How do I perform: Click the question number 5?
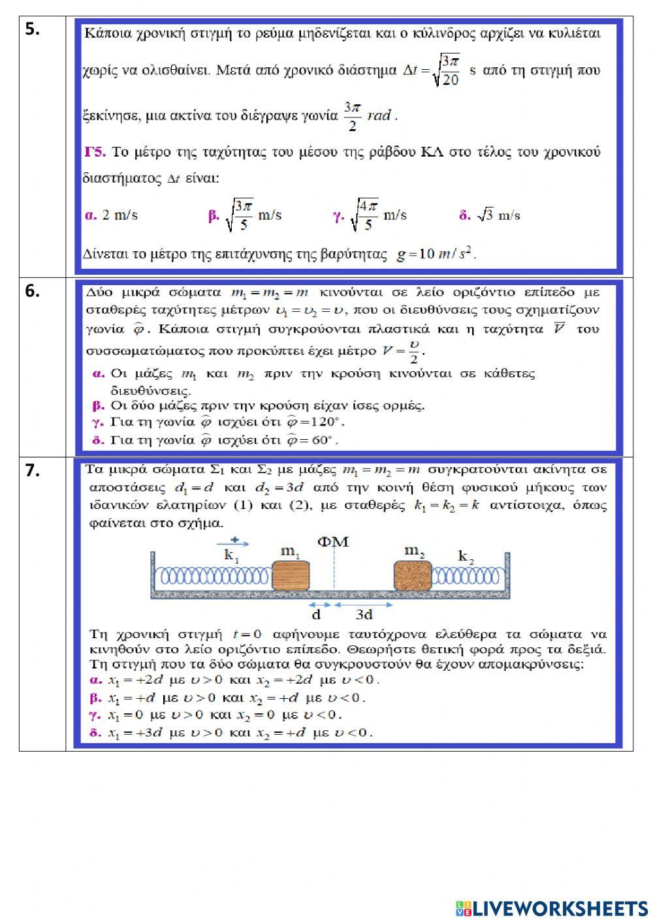pyautogui.click(x=33, y=29)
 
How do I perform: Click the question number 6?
pyautogui.click(x=33, y=292)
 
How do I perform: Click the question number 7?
pyautogui.click(x=33, y=470)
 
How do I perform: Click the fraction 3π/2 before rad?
pyautogui.click(x=352, y=116)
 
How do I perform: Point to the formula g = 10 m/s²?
pyautogui.click(x=436, y=254)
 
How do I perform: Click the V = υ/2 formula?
pyautogui.click(x=403, y=351)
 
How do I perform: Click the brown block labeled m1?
pyautogui.click(x=290, y=576)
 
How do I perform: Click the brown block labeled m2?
pyautogui.click(x=412, y=576)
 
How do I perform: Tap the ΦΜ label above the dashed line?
pyautogui.click(x=333, y=542)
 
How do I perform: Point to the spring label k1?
pyautogui.click(x=232, y=555)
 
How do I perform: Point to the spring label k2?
pyautogui.click(x=466, y=557)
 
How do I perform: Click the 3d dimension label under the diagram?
pyautogui.click(x=364, y=615)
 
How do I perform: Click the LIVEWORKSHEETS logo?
pyautogui.click(x=552, y=908)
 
